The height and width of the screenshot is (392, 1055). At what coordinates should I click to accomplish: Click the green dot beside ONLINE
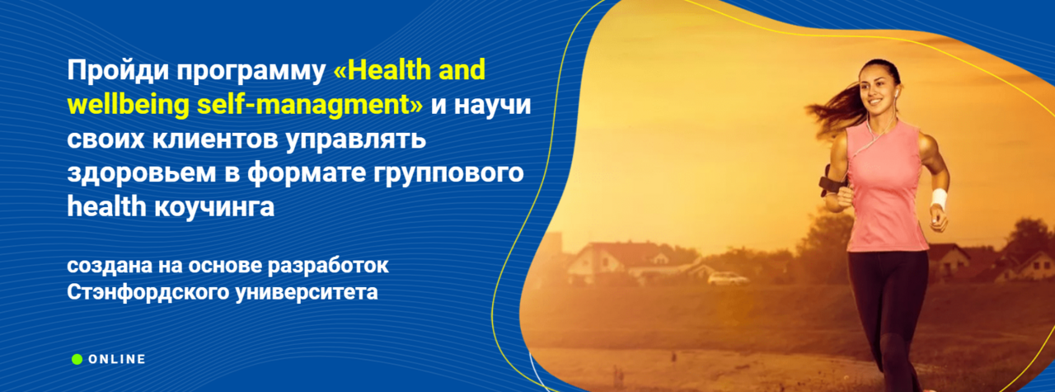coord(77,360)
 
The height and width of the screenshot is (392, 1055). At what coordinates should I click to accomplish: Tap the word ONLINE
coord(117,360)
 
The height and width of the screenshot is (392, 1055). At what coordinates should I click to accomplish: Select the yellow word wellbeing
coord(128,105)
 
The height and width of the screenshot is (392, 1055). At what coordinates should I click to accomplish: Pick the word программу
coord(251,72)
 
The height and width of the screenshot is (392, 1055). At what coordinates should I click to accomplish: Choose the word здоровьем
coord(142,173)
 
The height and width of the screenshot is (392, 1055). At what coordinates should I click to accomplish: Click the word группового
coord(448,173)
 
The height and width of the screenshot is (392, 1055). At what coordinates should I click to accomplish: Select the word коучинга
coord(214,208)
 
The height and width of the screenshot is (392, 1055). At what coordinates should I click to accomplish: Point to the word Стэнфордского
coord(148,292)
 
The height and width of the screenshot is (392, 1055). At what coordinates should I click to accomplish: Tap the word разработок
coord(328,266)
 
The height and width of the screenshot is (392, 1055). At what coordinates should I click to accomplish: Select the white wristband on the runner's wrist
coord(938,198)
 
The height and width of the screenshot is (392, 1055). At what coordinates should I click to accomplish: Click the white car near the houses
coord(728,278)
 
